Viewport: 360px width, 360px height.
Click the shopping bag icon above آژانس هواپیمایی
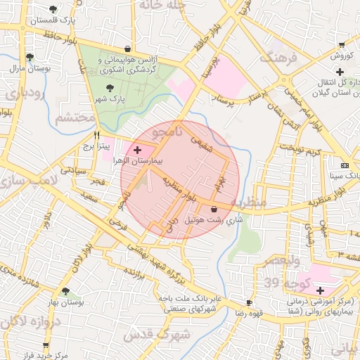coord(127,49)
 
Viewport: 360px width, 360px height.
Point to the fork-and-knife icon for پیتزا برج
coord(97,135)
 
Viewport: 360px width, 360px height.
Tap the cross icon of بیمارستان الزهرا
coord(137,150)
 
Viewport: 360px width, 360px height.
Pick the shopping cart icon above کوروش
coord(341,44)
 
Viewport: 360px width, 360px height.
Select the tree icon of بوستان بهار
coord(65,291)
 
